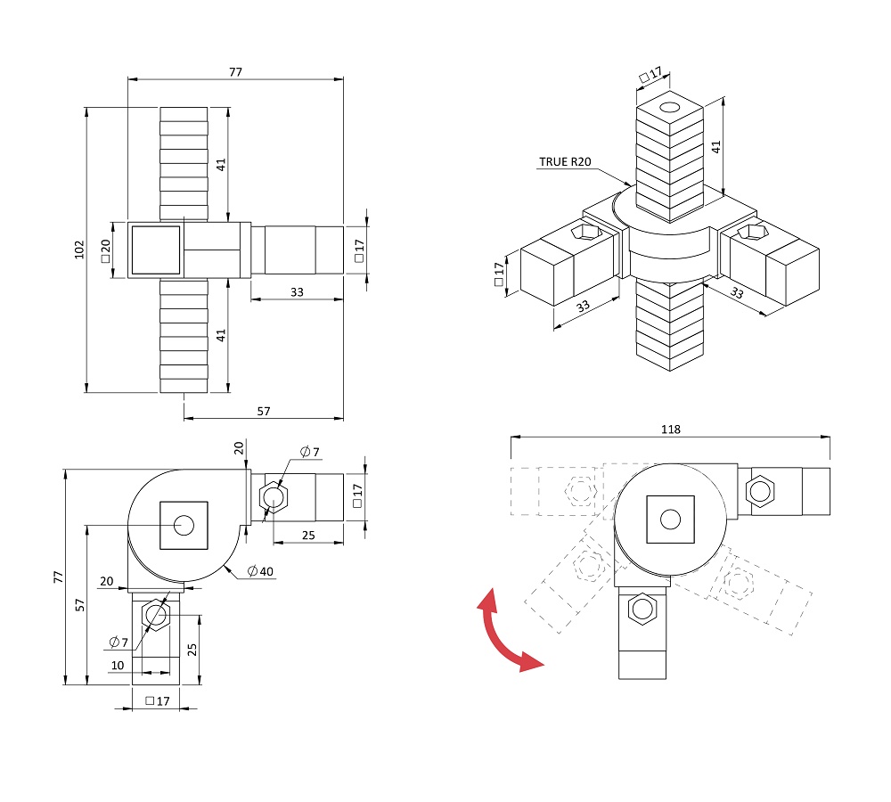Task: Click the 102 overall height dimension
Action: (x=79, y=249)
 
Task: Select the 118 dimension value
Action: (x=671, y=430)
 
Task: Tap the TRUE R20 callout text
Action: (x=565, y=162)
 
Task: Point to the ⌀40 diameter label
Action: (x=260, y=570)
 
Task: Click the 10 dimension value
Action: (x=118, y=665)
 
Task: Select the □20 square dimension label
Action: (x=105, y=250)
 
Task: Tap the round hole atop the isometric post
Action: (x=670, y=107)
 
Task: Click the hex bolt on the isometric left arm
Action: (x=586, y=232)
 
